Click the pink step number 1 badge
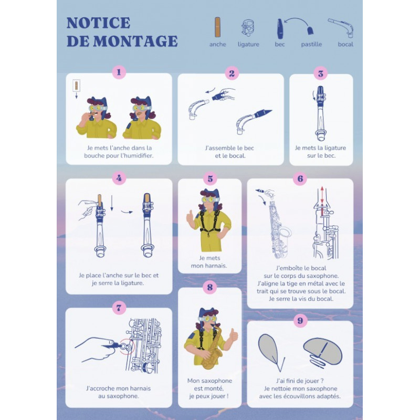119,72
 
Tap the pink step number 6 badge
300,178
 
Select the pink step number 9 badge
300,320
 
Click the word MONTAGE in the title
135,41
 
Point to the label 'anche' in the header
217,44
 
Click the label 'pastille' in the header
311,44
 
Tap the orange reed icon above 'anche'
217,27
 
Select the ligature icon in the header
248,28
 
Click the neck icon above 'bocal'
341,28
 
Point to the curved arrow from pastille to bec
297,19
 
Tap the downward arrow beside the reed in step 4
112,203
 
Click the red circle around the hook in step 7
128,346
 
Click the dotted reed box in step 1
76,86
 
